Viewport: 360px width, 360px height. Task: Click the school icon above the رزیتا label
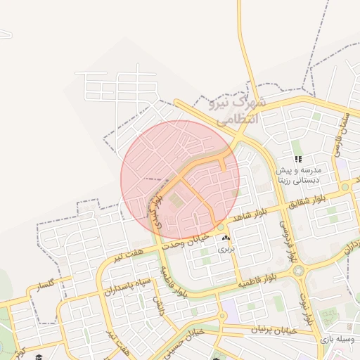298,160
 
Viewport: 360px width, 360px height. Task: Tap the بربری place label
225,249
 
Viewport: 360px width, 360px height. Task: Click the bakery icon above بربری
225,239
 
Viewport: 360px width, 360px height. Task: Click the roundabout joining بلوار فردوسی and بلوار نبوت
299,270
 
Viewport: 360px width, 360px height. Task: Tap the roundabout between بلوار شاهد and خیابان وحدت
221,227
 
